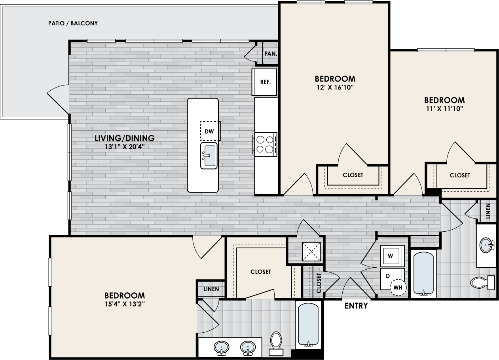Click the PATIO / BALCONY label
(73, 23)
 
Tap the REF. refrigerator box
(264, 82)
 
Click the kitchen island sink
(209, 156)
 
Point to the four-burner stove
(265, 145)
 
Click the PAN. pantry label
(271, 54)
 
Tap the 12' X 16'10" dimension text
(335, 87)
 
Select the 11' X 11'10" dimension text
(444, 109)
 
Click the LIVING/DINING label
(125, 138)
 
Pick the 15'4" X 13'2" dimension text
(125, 304)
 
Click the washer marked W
(392, 256)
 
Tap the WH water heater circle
(398, 288)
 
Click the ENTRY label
(356, 306)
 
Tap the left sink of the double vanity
(221, 348)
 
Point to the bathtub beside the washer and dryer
(423, 274)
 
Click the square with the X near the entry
(311, 251)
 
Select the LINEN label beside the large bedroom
(211, 289)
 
